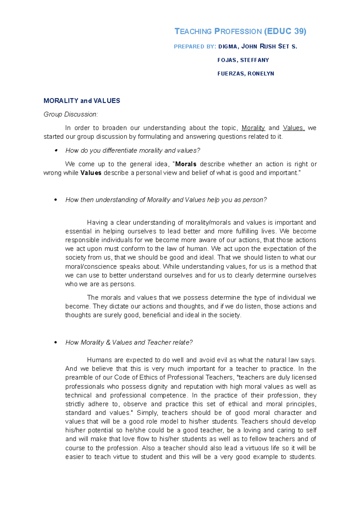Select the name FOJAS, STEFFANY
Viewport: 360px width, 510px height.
coord(243,60)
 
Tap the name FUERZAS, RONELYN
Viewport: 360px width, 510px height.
coord(246,74)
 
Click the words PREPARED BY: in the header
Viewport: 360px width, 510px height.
coord(195,47)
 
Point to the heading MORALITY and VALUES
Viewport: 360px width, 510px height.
coord(82,101)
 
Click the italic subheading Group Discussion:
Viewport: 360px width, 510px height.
coord(70,114)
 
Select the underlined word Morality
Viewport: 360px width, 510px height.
coord(253,128)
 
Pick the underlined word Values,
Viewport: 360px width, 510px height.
coord(294,128)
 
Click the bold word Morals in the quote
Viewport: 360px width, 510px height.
coord(186,164)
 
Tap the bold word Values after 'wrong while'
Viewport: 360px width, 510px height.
coord(91,173)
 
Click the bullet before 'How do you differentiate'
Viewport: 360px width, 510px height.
coord(55,150)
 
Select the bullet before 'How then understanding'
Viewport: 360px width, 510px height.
coord(55,200)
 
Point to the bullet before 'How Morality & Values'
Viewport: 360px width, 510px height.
coord(55,343)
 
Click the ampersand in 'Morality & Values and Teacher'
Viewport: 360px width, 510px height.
coord(108,342)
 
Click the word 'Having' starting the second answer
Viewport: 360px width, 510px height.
coord(97,223)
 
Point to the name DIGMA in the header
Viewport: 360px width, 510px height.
coord(228,47)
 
